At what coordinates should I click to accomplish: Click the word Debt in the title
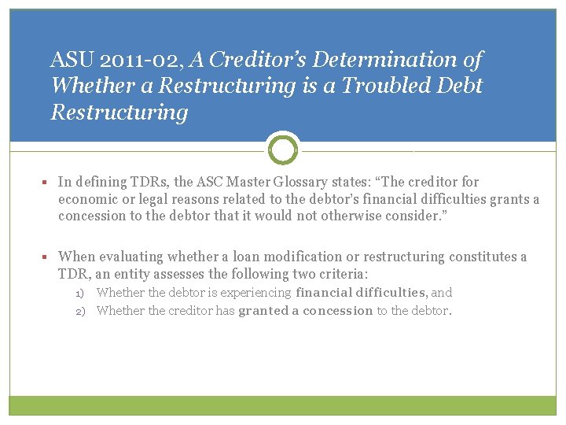pos(459,86)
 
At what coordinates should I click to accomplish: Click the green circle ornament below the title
pos(283,148)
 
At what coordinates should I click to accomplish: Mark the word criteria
pos(340,274)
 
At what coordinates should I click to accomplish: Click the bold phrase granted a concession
pos(305,311)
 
